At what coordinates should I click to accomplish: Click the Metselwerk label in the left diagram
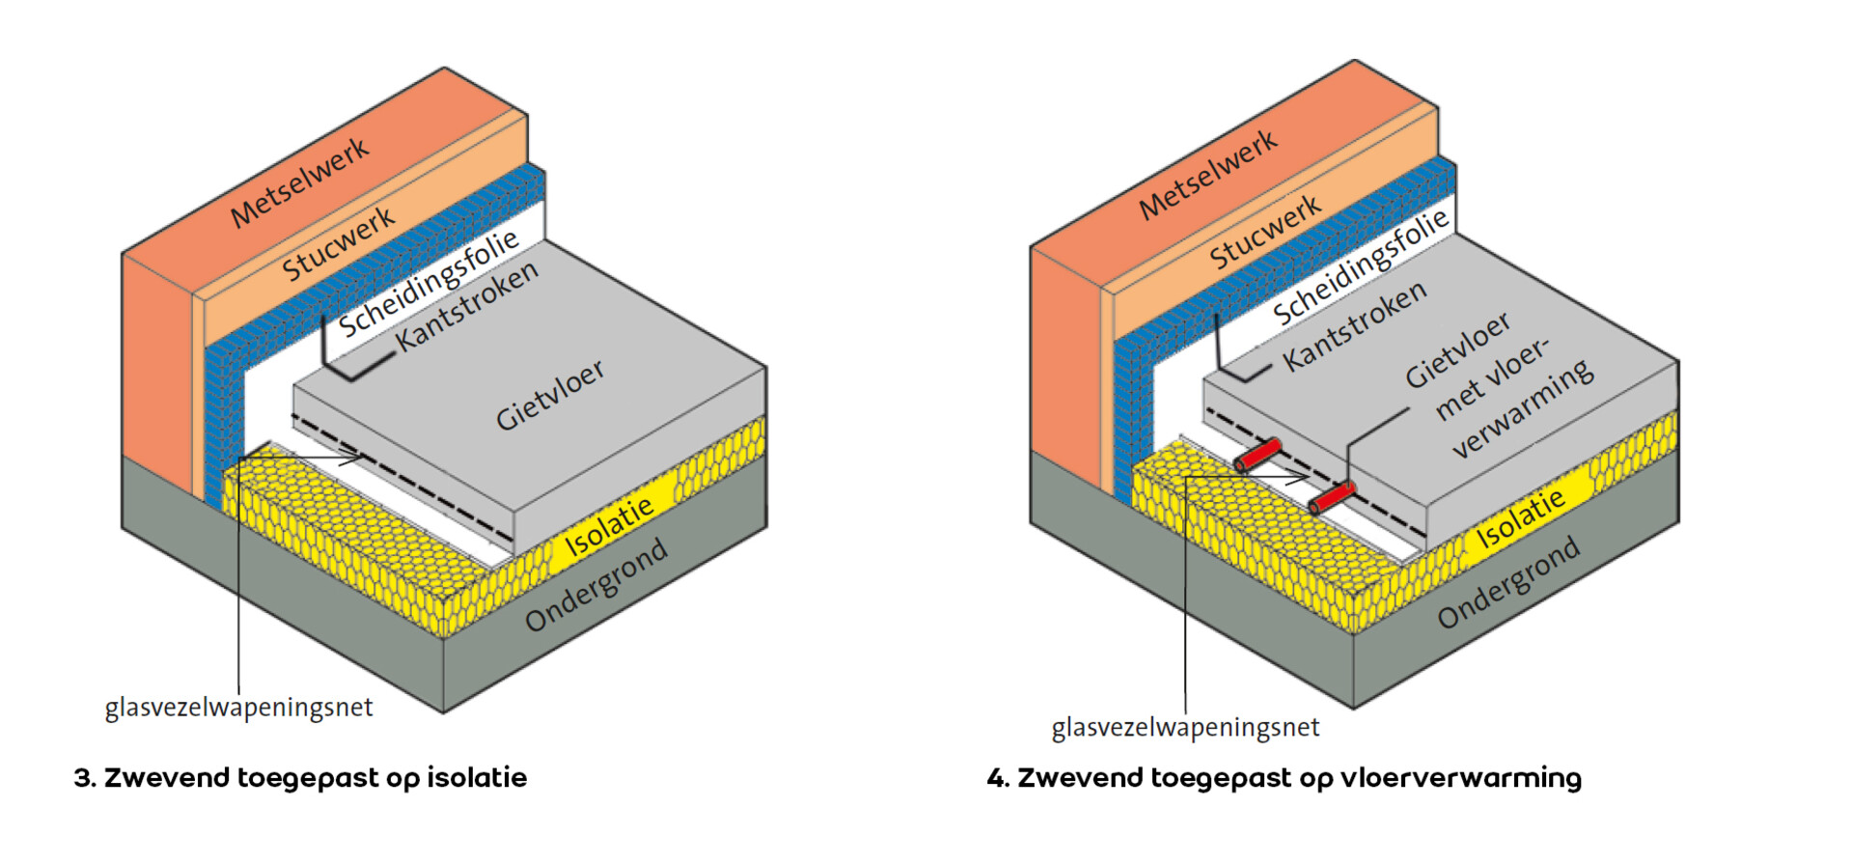[300, 182]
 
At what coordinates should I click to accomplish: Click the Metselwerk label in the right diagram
[1208, 174]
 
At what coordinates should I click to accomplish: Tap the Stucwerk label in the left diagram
[339, 243]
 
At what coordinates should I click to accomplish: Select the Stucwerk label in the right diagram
[1265, 232]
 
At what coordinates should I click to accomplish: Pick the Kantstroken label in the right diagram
[1354, 326]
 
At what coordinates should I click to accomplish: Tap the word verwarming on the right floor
[1523, 408]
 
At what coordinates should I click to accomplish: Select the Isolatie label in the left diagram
[608, 527]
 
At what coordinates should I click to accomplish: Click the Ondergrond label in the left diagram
[595, 584]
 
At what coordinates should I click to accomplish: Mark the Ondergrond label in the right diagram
[1507, 581]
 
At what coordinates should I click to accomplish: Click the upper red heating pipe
[1258, 454]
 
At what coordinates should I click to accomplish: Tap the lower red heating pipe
[1332, 498]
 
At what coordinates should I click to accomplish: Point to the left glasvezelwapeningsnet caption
[238, 708]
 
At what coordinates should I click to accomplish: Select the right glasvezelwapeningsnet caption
[1185, 727]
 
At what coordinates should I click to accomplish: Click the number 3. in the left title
[84, 778]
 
